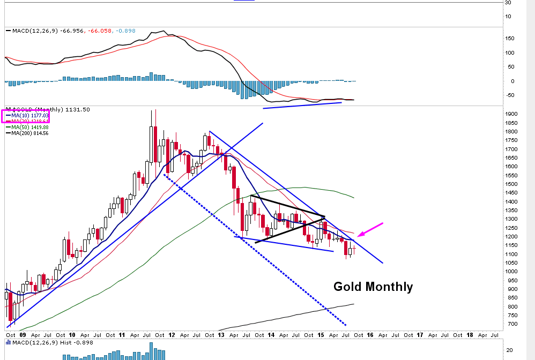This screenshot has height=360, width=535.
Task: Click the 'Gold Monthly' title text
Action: coord(373,287)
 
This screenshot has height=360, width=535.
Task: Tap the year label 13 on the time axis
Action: coord(221,334)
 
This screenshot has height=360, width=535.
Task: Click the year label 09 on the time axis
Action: coord(22,334)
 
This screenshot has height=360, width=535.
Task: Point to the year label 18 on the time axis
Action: coord(469,334)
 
